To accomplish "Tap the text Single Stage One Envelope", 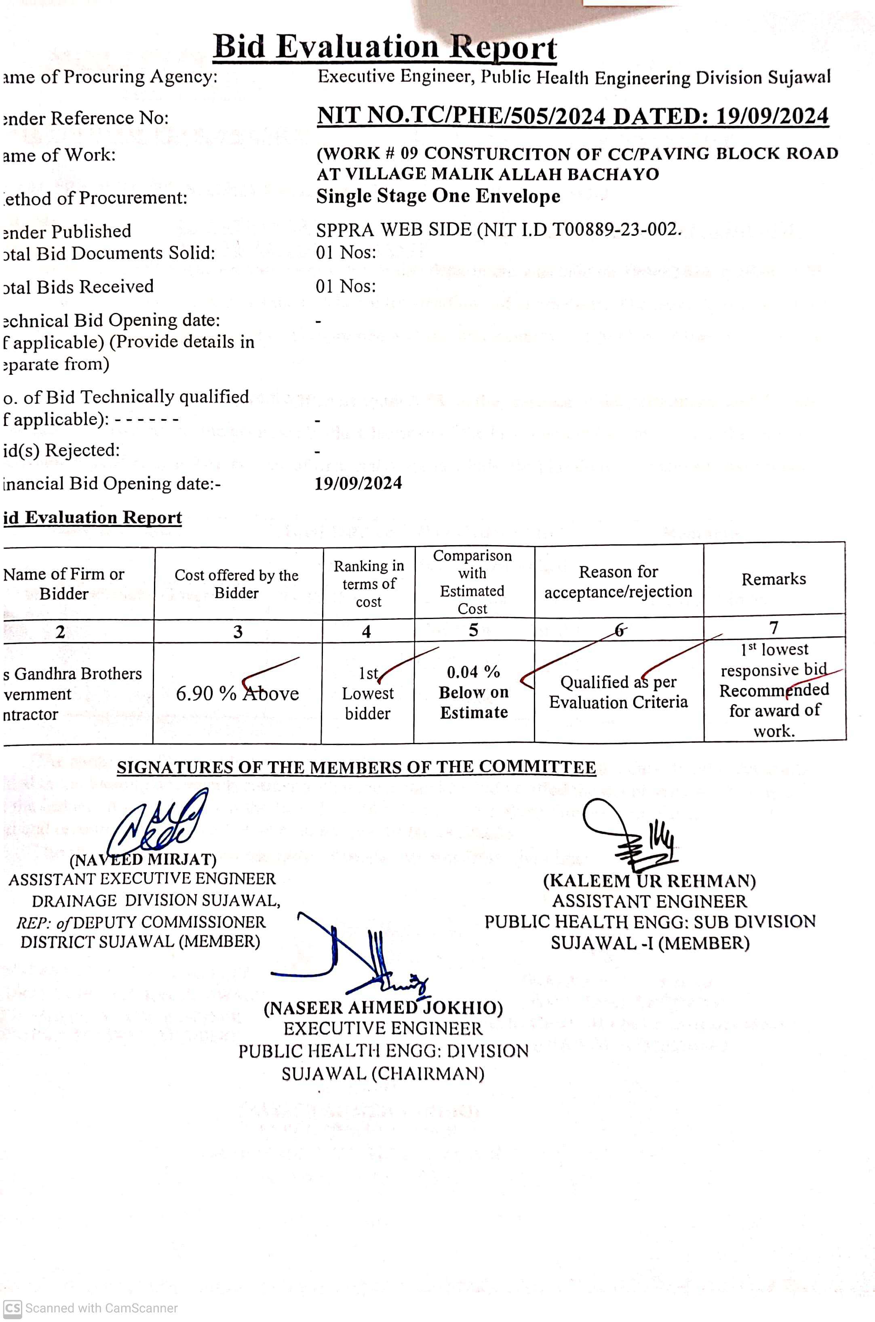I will [438, 196].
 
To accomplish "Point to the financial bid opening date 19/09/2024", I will [358, 483].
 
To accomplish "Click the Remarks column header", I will [774, 579].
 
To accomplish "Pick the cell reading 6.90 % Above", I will [237, 693].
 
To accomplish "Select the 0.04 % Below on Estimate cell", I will [474, 692].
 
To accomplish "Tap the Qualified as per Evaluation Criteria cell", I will [618, 692].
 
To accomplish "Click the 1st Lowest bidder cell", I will [368, 693].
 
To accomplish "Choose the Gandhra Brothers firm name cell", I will [72, 693].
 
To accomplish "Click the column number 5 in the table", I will [473, 630].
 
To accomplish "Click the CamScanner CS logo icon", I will [12, 1307].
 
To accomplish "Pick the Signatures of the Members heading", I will [356, 767].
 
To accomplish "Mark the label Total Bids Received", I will [78, 287].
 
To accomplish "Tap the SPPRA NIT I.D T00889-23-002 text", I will [498, 229].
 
